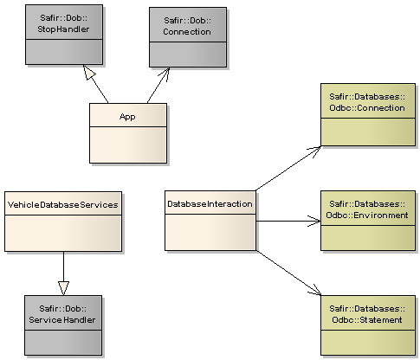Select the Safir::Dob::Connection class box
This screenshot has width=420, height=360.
point(187,35)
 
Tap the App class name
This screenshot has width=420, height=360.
point(127,114)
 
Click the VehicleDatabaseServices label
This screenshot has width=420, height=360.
point(62,204)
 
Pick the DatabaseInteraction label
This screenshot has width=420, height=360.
point(210,204)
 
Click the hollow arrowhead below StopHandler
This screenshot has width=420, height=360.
point(88,71)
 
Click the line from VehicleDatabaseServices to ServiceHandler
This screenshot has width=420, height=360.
point(63,264)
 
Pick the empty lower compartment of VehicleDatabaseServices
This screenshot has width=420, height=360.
point(62,234)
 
